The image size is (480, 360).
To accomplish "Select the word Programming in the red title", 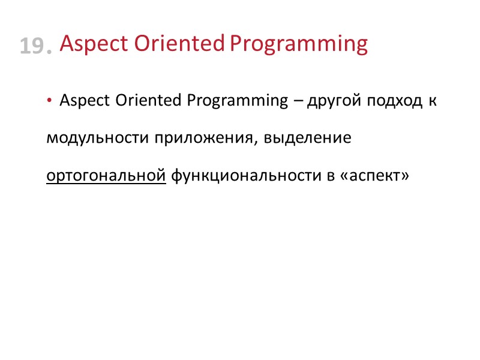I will click(299, 44).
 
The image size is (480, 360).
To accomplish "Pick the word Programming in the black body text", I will click(238, 101).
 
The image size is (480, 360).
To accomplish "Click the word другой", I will click(331, 101).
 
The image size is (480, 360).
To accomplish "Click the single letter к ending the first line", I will click(431, 101).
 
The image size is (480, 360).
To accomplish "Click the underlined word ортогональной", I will click(106, 176).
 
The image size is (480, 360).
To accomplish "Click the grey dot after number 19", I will click(48, 52).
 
